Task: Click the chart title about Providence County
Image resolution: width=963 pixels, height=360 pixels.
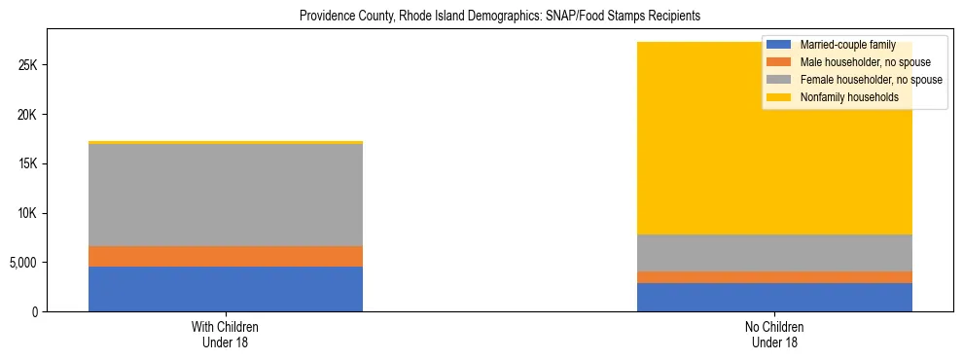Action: pyautogui.click(x=500, y=17)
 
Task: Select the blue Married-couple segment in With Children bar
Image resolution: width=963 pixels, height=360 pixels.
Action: pyautogui.click(x=225, y=289)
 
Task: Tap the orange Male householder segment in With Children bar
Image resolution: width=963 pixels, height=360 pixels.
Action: pyautogui.click(x=225, y=256)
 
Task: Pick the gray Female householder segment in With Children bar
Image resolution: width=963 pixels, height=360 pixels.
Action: pyautogui.click(x=225, y=195)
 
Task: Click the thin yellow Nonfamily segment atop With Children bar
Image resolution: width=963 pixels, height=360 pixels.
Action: pyautogui.click(x=225, y=142)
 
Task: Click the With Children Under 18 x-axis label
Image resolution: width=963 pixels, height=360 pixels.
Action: pyautogui.click(x=225, y=335)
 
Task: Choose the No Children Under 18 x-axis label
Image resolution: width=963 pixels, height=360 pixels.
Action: pyautogui.click(x=774, y=335)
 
